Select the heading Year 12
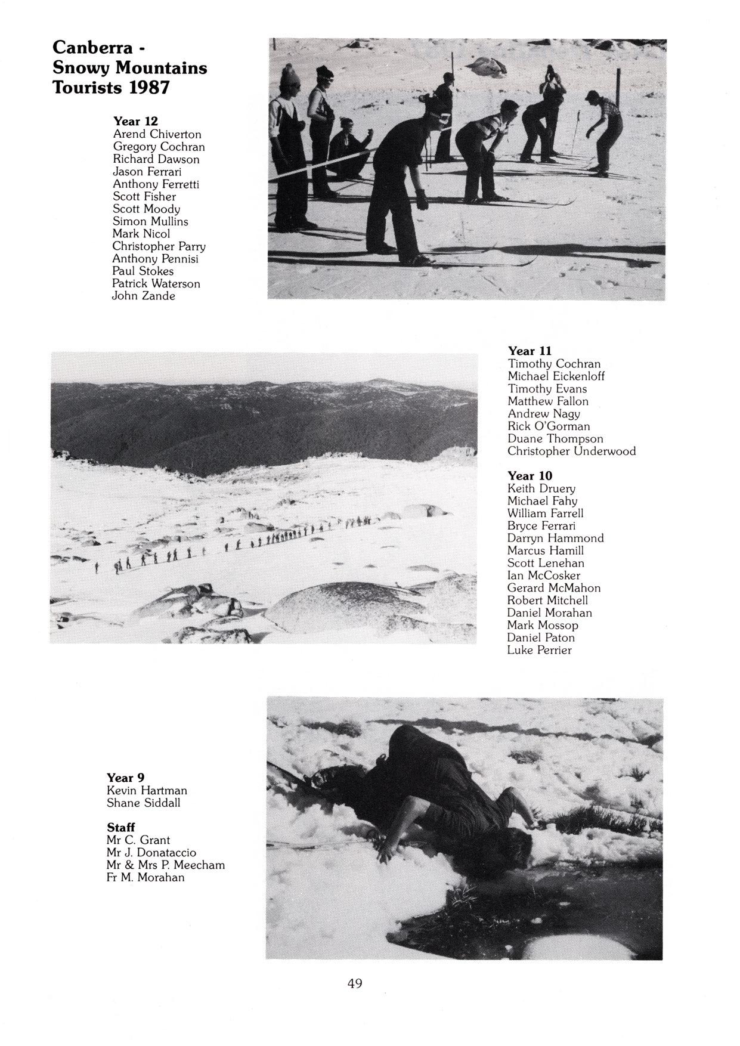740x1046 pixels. tap(135, 121)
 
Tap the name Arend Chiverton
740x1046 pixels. tap(157, 134)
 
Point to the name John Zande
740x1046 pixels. tap(144, 296)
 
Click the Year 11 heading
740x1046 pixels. tap(530, 351)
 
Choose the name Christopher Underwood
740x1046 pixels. tap(571, 451)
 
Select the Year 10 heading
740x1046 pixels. tap(530, 475)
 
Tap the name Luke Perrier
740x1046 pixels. tap(539, 650)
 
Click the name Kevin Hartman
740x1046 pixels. tap(147, 790)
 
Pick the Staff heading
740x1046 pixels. tap(120, 827)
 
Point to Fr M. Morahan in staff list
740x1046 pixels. tap(145, 877)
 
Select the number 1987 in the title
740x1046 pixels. tap(150, 88)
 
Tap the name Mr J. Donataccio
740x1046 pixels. tap(151, 853)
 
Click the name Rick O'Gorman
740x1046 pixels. tap(549, 426)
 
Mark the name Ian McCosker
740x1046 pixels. tap(543, 575)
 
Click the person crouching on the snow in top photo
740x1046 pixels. tap(348, 149)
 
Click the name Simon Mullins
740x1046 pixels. tap(150, 221)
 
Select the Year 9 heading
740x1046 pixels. tap(125, 778)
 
